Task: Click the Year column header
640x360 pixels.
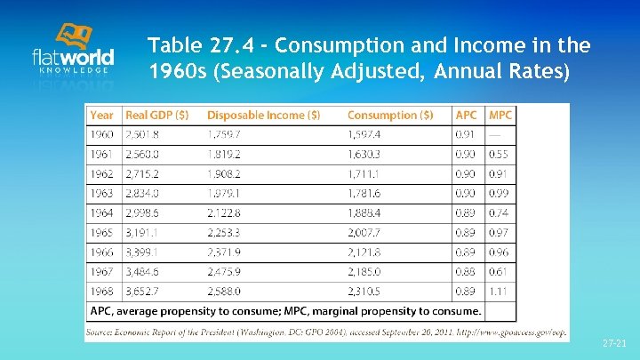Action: click(101, 116)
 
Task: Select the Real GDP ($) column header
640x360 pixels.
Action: click(156, 116)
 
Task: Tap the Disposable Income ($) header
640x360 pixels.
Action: click(263, 116)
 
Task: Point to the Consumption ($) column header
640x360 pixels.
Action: click(390, 116)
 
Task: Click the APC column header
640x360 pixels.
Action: click(466, 116)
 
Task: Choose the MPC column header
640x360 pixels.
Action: click(500, 116)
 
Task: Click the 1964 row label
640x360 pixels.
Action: click(101, 212)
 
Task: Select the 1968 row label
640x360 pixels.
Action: click(101, 292)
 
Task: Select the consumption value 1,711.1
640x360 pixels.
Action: click(364, 172)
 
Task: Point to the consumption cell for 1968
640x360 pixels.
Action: click(364, 292)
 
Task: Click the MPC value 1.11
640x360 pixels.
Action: click(500, 292)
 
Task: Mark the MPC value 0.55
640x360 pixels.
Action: click(500, 153)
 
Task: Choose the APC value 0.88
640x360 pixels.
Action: click(465, 271)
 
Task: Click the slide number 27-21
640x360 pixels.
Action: click(613, 342)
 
